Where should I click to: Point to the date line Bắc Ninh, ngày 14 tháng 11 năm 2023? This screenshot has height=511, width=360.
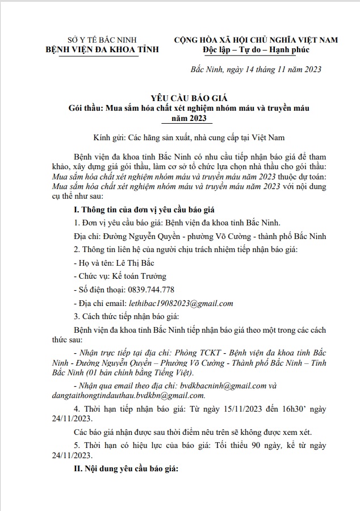[255, 70]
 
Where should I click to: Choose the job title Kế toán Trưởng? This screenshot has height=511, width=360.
[138, 276]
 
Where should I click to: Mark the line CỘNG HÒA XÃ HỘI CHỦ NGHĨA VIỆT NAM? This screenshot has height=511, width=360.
[256, 40]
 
